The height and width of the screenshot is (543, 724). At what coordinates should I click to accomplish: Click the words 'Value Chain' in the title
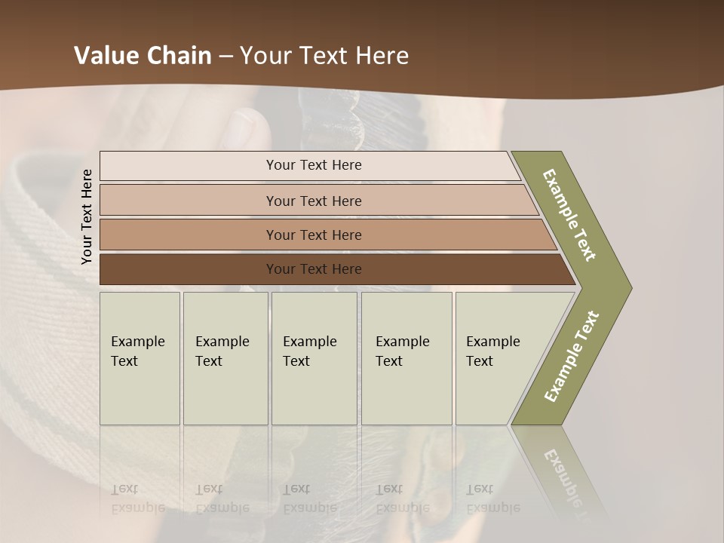pos(143,56)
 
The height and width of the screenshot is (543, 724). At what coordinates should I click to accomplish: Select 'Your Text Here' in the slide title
pos(324,56)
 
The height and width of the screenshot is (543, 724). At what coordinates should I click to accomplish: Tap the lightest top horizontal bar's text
pos(314,165)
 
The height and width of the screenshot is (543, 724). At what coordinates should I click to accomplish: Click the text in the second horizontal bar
pos(314,201)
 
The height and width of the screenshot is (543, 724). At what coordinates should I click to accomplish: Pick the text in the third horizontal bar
pos(314,235)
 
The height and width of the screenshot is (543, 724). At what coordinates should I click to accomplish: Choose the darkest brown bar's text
pos(314,269)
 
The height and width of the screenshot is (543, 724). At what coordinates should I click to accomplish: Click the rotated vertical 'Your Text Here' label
pos(87,217)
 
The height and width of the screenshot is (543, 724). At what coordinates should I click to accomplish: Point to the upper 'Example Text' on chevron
pos(569,215)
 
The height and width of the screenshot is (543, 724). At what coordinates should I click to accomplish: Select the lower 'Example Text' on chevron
pos(572,356)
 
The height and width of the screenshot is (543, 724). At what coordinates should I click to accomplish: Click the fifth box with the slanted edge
pos(494,351)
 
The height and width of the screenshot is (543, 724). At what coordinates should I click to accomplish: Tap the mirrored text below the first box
pos(138,499)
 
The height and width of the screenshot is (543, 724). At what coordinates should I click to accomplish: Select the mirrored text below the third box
pos(310,499)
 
